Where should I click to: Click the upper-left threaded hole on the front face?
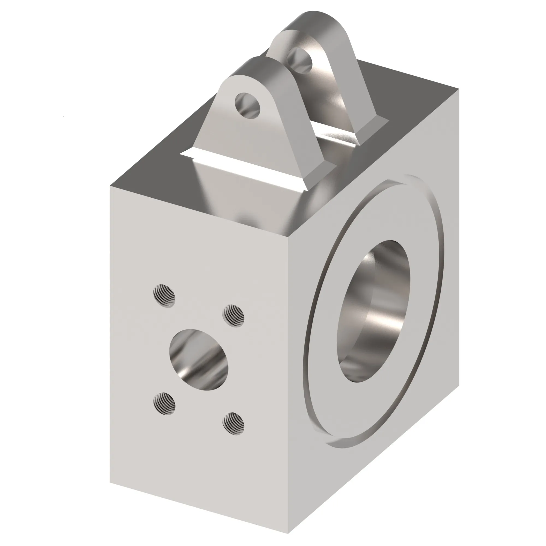point(164,296)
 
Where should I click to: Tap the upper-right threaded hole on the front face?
point(234,316)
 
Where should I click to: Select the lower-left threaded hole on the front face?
point(164,403)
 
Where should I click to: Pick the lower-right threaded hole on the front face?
point(233,423)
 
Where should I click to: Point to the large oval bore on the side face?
point(374,311)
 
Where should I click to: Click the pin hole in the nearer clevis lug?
point(247,105)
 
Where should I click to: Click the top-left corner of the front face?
point(110,186)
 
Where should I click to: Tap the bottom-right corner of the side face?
point(459,387)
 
